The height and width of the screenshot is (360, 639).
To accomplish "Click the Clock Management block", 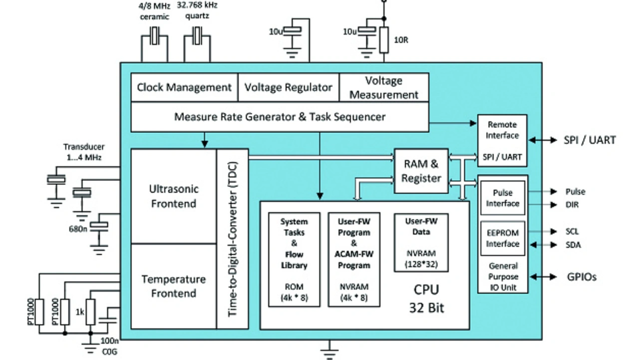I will point(184,87).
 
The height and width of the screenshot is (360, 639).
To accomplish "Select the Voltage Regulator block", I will point(289,87).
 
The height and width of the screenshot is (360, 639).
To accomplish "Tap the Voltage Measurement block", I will point(384,87).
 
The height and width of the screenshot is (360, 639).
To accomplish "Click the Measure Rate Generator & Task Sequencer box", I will point(280,117).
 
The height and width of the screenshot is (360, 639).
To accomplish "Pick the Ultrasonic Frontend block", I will point(173,196).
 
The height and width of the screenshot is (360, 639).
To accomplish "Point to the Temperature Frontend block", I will point(173,286).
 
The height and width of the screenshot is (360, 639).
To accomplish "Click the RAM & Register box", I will point(421,171).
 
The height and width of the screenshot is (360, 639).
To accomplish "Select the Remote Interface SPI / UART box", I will point(503,140).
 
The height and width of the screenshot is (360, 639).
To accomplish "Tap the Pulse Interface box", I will point(503,198).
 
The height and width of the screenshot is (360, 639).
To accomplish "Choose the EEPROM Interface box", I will point(503,238).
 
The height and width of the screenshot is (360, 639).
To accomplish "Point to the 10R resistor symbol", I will point(384,40).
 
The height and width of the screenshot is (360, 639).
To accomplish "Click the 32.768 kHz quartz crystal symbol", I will point(198,36).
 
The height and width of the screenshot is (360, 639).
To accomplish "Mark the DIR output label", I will point(573,205).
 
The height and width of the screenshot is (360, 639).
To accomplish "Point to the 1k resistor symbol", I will point(90,312).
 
